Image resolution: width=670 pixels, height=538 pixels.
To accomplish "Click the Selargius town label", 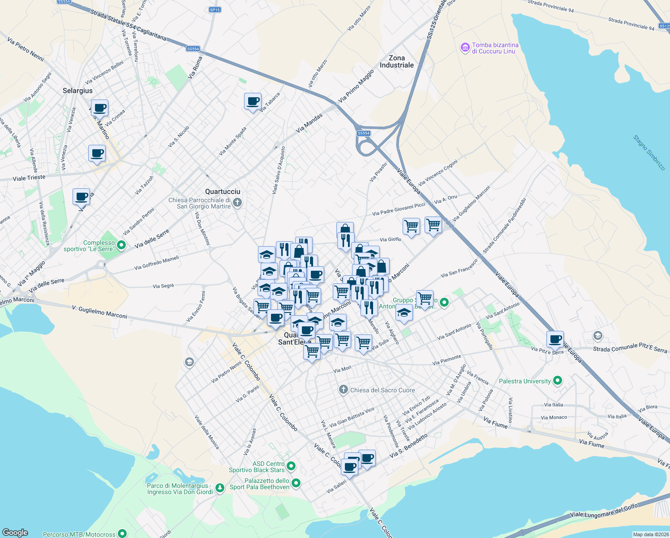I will coord(77,91).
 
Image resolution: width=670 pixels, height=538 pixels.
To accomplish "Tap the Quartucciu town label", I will coord(223,191).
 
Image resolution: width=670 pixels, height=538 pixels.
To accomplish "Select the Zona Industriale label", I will coord(397,61).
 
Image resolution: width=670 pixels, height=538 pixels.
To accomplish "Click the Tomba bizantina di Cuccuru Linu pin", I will coord(464,47).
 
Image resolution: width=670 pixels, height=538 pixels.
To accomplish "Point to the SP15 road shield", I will coord(215,10).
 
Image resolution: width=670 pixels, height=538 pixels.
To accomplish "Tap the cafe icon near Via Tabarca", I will coord(253,101).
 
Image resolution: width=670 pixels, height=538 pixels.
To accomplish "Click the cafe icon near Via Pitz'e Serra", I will coord(555,339).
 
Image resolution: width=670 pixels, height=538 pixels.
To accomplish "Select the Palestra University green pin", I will coord(558,381).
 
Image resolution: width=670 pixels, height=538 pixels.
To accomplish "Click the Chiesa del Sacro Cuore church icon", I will coord(344,390).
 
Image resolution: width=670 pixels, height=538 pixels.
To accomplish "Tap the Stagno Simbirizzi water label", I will coord(649,152).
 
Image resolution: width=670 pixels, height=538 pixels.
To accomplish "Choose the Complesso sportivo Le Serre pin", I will coord(121,245).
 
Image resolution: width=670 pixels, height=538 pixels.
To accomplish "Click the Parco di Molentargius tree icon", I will coord(219,488).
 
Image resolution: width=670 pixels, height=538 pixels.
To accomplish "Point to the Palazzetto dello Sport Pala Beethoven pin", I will coord(296,483).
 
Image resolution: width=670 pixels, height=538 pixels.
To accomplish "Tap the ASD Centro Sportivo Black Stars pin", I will coord(291,466).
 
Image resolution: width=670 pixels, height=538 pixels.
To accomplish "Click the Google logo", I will coord(15,533).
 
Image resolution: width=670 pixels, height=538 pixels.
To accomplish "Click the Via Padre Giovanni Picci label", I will coord(399,208).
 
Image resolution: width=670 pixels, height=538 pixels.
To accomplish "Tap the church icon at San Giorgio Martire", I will coord(237,203).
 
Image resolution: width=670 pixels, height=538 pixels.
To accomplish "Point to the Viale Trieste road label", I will coord(29,178).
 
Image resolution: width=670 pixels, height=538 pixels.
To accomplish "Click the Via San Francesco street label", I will coord(459,268).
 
